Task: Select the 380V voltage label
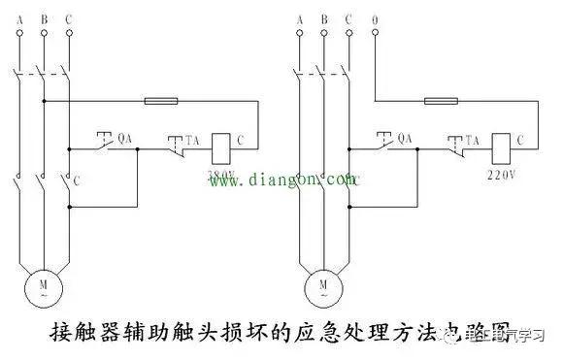(x=222, y=175)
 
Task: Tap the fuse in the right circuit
(x=443, y=100)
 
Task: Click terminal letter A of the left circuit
(x=20, y=17)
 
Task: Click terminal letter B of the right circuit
(x=324, y=17)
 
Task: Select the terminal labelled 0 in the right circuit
(x=375, y=17)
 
